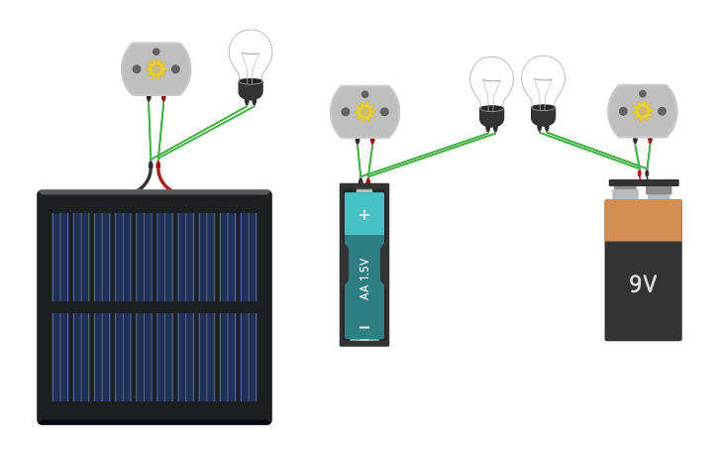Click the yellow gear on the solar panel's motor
pyautogui.click(x=155, y=68)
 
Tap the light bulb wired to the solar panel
pyautogui.click(x=251, y=57)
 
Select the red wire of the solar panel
pyautogui.click(x=163, y=179)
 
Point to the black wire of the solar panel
pyautogui.click(x=146, y=179)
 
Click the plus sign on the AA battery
pyautogui.click(x=364, y=214)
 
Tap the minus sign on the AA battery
pyautogui.click(x=364, y=327)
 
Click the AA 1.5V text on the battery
pyautogui.click(x=364, y=279)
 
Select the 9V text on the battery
pyautogui.click(x=643, y=284)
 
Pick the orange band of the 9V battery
pyautogui.click(x=643, y=220)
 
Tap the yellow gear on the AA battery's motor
pyautogui.click(x=364, y=112)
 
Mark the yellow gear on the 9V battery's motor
pyautogui.click(x=642, y=111)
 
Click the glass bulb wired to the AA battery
pyautogui.click(x=491, y=82)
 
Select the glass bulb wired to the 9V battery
pyautogui.click(x=543, y=80)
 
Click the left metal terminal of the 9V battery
pyautogui.click(x=625, y=193)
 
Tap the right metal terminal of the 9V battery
pyautogui.click(x=660, y=192)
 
